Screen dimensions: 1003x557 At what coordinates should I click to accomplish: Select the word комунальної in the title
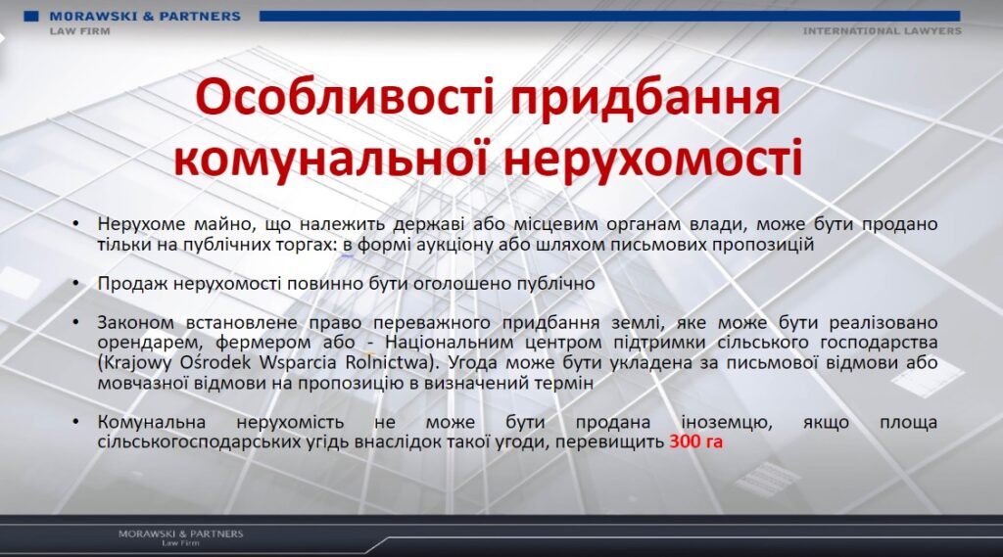[332, 158]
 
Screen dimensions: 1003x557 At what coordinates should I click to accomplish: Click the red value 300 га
[696, 441]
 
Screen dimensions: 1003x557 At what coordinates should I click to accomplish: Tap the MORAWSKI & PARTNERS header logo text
[145, 17]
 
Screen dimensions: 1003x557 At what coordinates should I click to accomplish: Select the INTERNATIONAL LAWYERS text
[883, 30]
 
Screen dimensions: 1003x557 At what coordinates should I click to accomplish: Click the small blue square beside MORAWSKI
[31, 16]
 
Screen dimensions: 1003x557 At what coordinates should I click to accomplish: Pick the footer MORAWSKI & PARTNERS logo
[180, 536]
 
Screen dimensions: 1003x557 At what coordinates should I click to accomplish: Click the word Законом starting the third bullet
[135, 322]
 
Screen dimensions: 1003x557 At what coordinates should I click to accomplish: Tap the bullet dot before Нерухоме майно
[76, 224]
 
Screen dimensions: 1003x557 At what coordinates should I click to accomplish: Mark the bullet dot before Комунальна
[76, 422]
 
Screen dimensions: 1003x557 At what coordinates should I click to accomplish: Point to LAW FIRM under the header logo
[80, 30]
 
